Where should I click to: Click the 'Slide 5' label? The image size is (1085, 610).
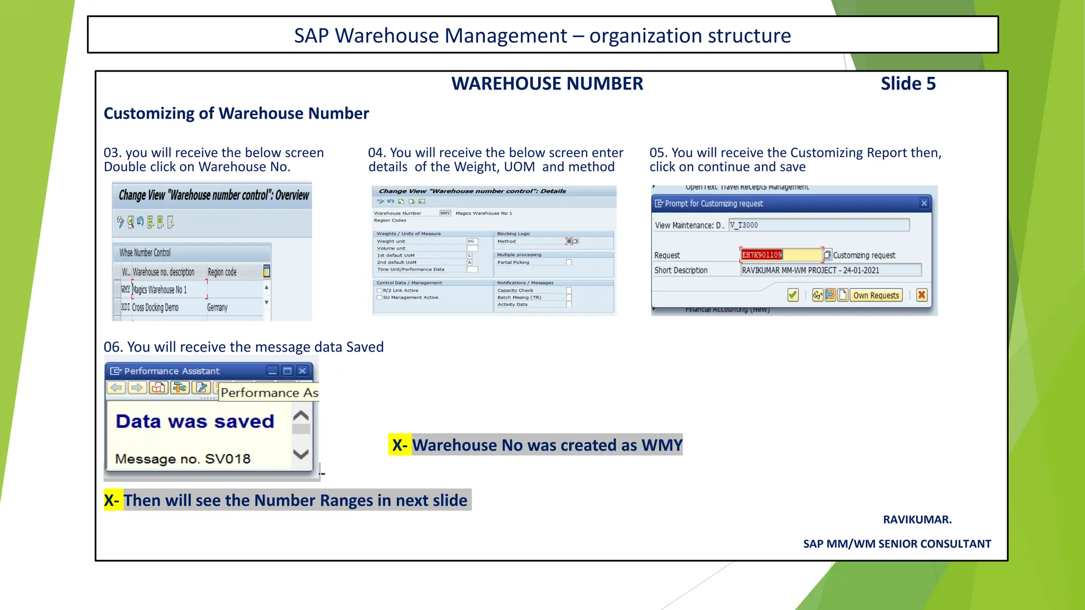click(x=908, y=84)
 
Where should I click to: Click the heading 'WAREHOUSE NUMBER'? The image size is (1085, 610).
click(x=547, y=84)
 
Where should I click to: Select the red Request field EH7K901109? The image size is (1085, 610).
click(x=780, y=255)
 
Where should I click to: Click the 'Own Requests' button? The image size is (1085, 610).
click(x=876, y=295)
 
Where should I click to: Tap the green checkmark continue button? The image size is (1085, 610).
click(x=793, y=295)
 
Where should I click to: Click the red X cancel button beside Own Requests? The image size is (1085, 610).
click(x=922, y=295)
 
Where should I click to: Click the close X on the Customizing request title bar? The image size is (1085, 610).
click(x=924, y=203)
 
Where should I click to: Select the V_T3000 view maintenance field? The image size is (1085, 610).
click(x=819, y=225)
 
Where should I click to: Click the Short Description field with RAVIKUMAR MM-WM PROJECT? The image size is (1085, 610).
click(x=830, y=270)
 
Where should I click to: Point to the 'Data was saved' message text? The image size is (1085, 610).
click(x=195, y=421)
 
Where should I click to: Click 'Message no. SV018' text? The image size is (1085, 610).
click(x=183, y=459)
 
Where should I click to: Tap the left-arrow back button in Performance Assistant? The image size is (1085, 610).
click(x=116, y=388)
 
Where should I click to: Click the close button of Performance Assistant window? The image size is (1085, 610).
click(x=303, y=371)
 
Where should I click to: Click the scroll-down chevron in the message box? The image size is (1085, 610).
click(x=301, y=454)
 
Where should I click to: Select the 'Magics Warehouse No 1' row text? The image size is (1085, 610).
click(x=159, y=290)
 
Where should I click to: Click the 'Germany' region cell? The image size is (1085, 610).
click(x=217, y=308)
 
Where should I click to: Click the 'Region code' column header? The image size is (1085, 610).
click(x=222, y=272)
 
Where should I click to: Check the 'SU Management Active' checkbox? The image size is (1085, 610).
click(x=379, y=298)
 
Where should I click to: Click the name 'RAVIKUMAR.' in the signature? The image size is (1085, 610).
click(x=917, y=519)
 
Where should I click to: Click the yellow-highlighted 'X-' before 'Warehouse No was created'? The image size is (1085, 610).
click(x=399, y=445)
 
